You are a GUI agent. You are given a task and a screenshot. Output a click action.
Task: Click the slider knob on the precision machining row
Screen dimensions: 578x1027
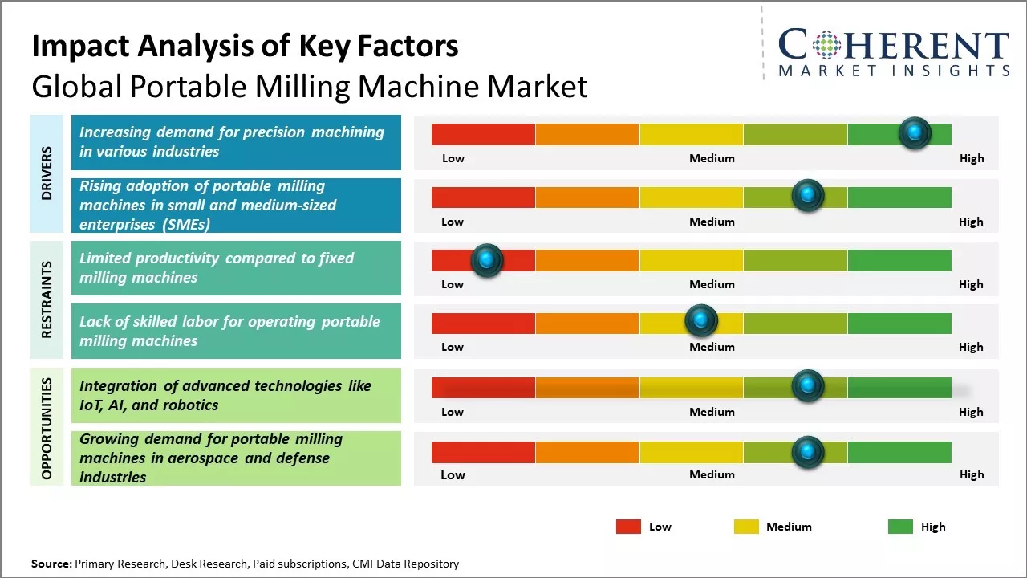tap(915, 133)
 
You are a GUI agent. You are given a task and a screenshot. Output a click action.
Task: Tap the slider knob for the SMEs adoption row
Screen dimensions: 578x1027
tap(808, 196)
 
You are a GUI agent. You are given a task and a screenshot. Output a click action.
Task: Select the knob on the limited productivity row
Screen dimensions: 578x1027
tap(486, 260)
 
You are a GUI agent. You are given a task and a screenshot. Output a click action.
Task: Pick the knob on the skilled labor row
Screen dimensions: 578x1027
tap(701, 321)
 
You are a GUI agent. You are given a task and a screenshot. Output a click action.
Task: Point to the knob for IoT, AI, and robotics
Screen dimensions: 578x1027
tap(808, 386)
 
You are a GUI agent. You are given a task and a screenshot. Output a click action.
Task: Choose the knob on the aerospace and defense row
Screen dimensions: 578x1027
tap(808, 452)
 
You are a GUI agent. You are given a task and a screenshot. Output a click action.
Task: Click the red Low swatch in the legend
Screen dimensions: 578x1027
tap(628, 527)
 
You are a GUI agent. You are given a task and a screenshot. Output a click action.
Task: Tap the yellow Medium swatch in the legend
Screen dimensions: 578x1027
tap(746, 527)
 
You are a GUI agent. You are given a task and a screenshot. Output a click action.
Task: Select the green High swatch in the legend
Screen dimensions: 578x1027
tap(900, 527)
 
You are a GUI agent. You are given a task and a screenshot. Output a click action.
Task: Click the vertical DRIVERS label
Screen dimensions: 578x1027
tap(47, 173)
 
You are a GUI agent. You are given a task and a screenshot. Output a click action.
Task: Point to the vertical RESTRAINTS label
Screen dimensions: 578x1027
tap(47, 299)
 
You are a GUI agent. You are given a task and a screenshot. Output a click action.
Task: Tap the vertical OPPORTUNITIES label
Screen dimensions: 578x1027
tap(47, 428)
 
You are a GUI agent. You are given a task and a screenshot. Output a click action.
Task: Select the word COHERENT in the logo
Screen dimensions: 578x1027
tap(894, 44)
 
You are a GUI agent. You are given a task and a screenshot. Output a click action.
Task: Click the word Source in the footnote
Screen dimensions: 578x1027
tap(51, 564)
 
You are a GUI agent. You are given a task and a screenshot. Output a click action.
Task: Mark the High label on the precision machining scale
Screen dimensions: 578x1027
tap(972, 158)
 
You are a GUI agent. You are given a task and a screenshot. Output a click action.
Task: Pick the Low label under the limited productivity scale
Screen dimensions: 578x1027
tap(453, 284)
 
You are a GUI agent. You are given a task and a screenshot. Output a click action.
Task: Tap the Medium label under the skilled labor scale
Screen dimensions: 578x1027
tap(712, 347)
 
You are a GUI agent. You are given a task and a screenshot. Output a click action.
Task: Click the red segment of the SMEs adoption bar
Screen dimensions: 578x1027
tap(483, 197)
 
